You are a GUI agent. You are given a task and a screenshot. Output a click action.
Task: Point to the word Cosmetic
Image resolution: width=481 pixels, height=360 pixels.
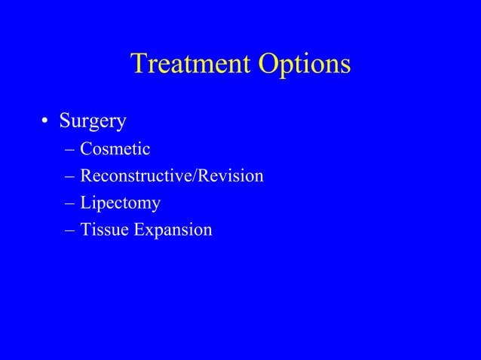coord(115,149)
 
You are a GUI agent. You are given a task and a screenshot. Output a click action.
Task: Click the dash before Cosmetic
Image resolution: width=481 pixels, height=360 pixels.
coord(69,150)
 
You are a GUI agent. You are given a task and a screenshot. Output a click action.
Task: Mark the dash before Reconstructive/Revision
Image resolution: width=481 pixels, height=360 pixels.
coord(69,177)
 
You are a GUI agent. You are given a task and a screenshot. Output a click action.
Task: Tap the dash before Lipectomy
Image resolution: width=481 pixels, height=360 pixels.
coord(69,203)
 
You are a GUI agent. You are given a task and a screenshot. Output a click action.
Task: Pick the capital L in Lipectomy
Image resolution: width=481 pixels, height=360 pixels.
coord(85,203)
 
